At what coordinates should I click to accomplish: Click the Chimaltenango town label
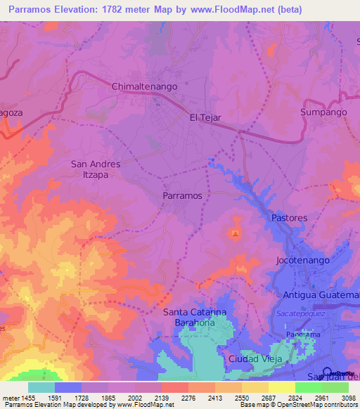click(144, 86)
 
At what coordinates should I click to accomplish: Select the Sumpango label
click(323, 112)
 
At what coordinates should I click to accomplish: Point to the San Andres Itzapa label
click(96, 169)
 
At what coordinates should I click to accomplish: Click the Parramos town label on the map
click(183, 195)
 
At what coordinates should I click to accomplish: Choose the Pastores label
click(290, 218)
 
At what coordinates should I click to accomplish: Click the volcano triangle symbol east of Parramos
click(236, 234)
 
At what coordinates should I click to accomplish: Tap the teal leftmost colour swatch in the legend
click(41, 387)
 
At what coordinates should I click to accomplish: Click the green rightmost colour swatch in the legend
click(335, 387)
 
